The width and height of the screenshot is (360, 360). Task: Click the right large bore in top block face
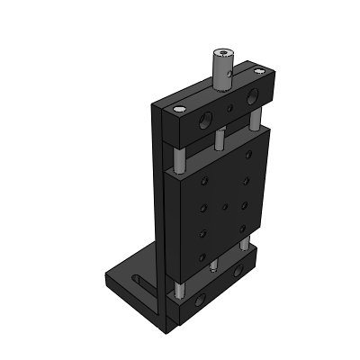tap(251, 96)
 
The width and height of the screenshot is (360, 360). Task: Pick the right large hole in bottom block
tap(242, 269)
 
